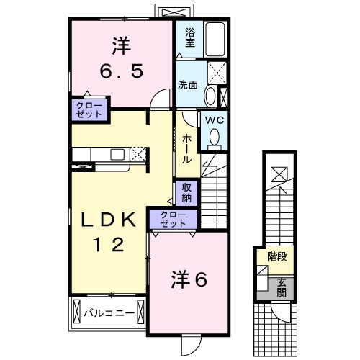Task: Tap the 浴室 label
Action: [190, 37]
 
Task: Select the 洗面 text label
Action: [189, 83]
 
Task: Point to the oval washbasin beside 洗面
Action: [209, 96]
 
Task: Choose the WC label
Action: [214, 120]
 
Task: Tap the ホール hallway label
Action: [186, 148]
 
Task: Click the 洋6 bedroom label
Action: [189, 279]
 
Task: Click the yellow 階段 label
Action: [276, 256]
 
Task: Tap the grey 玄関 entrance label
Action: [281, 285]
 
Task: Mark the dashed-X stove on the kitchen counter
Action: [138, 153]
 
